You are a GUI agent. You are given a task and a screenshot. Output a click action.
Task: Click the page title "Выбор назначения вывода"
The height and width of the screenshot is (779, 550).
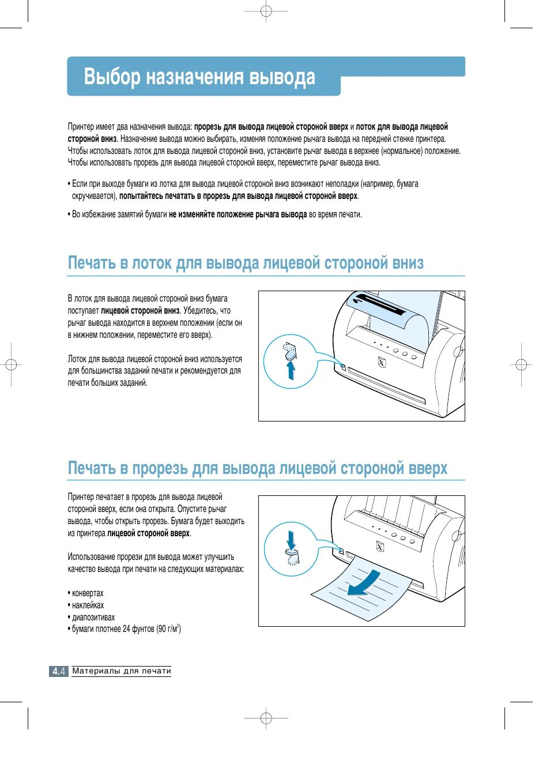click(x=199, y=77)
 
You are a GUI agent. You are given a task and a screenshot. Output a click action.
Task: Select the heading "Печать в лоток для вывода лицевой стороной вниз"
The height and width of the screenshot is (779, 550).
click(x=246, y=263)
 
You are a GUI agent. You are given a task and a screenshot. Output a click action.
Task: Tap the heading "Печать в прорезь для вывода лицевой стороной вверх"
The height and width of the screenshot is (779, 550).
click(x=257, y=468)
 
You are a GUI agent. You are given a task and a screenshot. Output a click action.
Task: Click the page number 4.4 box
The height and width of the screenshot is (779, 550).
click(x=59, y=671)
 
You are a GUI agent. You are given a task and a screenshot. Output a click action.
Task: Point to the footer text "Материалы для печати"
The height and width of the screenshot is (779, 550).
click(x=122, y=671)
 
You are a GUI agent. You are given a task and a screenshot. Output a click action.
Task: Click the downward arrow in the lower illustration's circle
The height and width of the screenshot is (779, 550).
click(x=291, y=540)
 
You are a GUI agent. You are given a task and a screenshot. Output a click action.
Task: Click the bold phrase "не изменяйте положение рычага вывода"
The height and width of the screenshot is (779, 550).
click(x=238, y=214)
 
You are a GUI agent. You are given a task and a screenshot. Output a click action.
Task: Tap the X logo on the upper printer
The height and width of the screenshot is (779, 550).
click(x=381, y=362)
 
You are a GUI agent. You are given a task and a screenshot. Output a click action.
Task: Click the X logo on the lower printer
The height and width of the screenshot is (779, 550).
click(x=380, y=547)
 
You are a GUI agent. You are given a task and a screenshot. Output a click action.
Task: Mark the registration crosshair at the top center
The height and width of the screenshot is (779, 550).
click(x=266, y=11)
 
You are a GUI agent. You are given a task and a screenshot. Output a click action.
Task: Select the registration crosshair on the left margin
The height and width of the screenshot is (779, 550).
click(x=10, y=364)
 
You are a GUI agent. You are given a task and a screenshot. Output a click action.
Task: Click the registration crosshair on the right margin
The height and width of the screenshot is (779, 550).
click(x=521, y=364)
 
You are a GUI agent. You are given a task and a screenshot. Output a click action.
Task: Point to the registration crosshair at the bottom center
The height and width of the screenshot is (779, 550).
click(x=266, y=718)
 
